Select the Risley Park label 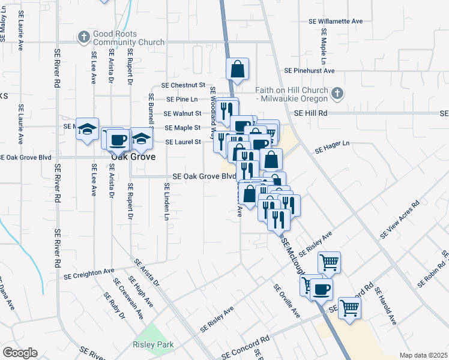(153, 344)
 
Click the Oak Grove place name (133, 157)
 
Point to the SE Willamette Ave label (336, 21)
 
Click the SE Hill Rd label (310, 113)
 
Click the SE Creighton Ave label (89, 274)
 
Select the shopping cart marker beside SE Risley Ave (328, 262)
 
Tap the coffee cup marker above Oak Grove (118, 139)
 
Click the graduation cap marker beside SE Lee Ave (88, 129)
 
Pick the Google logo (19, 353)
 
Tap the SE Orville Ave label (287, 301)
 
